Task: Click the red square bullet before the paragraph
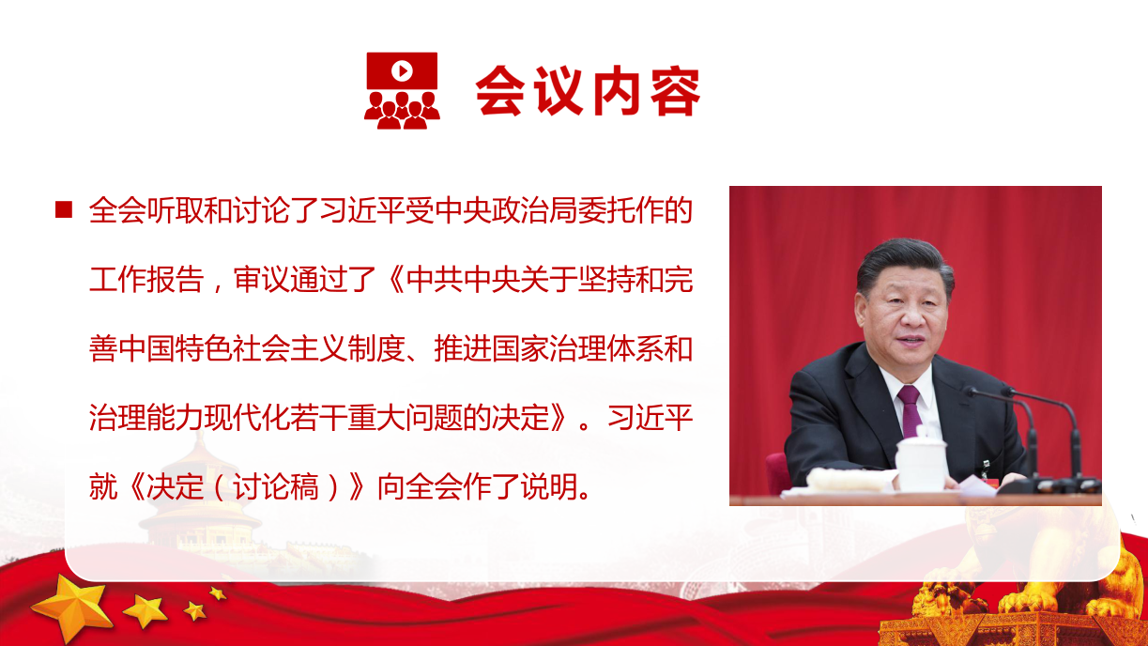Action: pyautogui.click(x=64, y=209)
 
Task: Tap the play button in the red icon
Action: pyautogui.click(x=403, y=70)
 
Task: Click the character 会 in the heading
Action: pyautogui.click(x=500, y=90)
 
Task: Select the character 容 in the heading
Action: pyautogui.click(x=675, y=90)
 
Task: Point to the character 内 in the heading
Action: pyautogui.click(x=617, y=90)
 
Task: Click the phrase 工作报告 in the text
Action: pyautogui.click(x=146, y=280)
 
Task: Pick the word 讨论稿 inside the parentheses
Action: pyautogui.click(x=276, y=486)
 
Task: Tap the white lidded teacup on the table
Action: pyautogui.click(x=921, y=460)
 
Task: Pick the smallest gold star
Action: pyautogui.click(x=218, y=593)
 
